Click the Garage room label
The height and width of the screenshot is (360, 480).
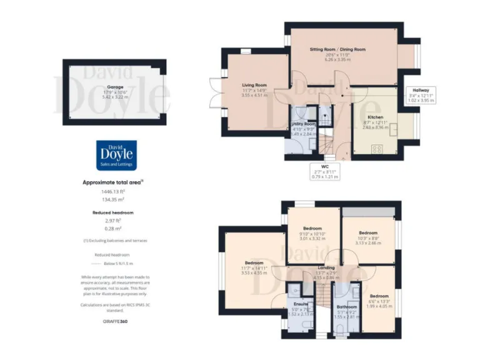pos(114,87)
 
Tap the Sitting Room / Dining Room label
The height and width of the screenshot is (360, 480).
pos(337,49)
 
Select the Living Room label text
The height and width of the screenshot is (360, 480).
pos(254,85)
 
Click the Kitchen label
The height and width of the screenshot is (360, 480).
pos(375,117)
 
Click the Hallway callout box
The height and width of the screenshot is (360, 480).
pos(420,95)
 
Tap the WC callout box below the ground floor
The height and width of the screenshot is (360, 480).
pos(325,172)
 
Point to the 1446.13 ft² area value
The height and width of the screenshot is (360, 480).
pos(114,192)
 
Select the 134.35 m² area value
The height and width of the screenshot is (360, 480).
pos(114,200)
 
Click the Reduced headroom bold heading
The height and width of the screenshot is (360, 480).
pos(114,212)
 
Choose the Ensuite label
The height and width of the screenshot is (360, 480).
pos(301,304)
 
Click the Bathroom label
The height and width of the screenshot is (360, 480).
pos(346,307)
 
